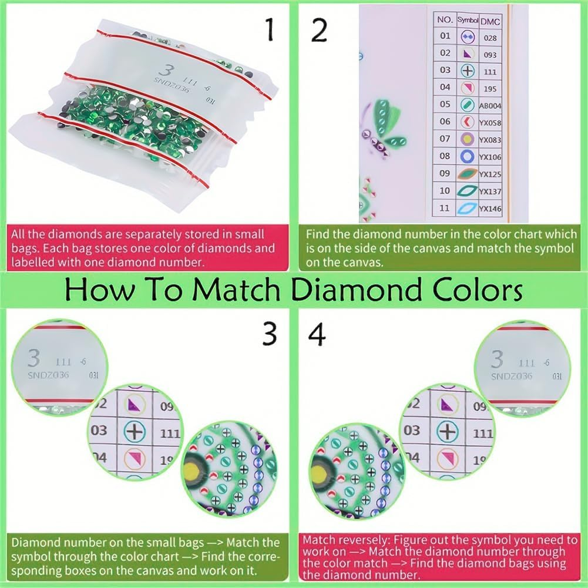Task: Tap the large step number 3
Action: point(270,335)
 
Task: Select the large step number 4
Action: point(317,335)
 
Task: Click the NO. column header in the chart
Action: point(444,19)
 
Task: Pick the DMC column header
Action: point(488,21)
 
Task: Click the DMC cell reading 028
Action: point(489,36)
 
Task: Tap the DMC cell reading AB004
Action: point(489,106)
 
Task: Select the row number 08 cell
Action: point(445,156)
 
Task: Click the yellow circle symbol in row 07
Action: point(467,139)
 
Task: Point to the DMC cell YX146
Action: point(489,209)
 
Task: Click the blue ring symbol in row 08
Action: point(467,157)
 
